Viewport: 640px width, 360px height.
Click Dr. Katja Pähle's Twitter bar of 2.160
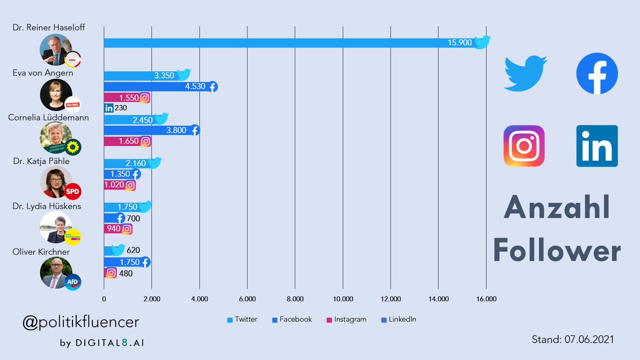(128, 163)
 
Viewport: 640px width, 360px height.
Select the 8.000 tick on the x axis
(295, 299)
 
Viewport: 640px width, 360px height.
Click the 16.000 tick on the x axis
(486, 299)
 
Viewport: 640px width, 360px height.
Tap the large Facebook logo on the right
(597, 74)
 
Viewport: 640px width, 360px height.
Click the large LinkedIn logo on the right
(597, 146)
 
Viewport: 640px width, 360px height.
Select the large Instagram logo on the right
(524, 146)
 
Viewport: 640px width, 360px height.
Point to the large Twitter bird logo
(525, 75)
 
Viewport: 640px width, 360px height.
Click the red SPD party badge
(73, 190)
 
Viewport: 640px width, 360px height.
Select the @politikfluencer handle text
(81, 322)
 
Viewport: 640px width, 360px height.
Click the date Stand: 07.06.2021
(572, 339)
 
